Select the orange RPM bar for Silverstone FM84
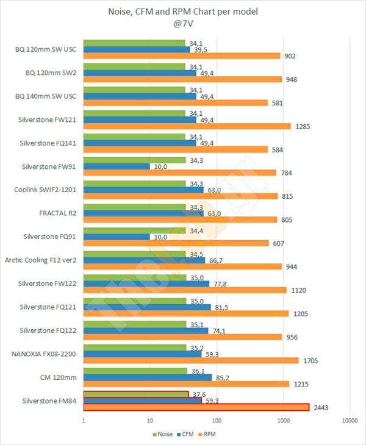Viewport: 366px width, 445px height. tap(195, 407)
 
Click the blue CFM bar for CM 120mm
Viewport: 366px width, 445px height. tap(146, 377)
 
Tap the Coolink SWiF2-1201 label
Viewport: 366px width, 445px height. tap(46, 190)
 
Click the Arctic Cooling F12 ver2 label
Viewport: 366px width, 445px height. tap(41, 260)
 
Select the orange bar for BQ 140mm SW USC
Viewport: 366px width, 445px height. tap(176, 102)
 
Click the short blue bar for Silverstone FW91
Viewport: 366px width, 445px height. tap(117, 166)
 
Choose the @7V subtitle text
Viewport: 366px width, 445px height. tap(183, 26)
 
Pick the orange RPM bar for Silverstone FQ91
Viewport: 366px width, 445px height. tap(176, 243)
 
